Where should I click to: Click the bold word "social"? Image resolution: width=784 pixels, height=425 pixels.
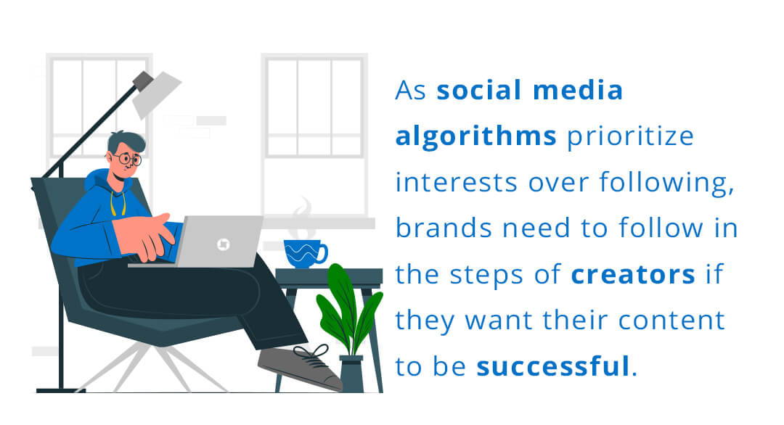[x=479, y=90]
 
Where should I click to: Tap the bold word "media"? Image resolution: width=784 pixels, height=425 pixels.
[x=578, y=90]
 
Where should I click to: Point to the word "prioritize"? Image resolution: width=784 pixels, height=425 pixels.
[x=630, y=136]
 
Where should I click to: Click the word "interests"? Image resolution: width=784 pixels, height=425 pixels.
[x=456, y=182]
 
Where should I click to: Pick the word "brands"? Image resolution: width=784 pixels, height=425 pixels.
[x=444, y=228]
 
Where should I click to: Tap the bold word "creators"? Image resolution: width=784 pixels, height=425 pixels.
[x=633, y=275]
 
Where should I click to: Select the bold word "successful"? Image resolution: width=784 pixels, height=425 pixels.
[x=552, y=366]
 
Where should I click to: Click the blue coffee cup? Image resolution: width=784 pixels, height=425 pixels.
[x=304, y=254]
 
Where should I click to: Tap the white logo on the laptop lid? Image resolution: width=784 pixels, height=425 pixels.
[x=223, y=244]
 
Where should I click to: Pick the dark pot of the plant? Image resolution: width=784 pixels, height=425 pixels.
[x=351, y=374]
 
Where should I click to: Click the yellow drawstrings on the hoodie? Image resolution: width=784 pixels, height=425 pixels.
[x=118, y=202]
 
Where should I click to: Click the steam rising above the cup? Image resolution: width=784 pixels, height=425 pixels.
[x=301, y=218]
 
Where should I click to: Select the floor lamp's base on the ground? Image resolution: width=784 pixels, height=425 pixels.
[x=60, y=390]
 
